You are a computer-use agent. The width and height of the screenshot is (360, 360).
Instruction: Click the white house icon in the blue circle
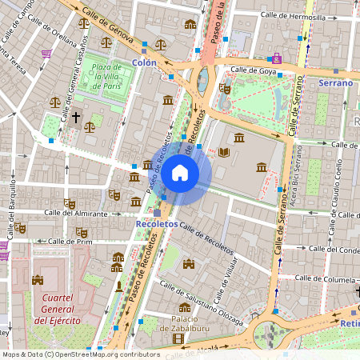coord(180,172)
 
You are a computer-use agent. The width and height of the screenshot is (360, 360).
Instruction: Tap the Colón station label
coord(144,62)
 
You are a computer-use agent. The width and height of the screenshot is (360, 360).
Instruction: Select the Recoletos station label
coord(156,226)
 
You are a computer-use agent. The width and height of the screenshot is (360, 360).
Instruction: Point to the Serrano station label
coord(335,82)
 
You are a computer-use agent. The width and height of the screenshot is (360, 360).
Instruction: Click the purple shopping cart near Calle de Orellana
coord(46,54)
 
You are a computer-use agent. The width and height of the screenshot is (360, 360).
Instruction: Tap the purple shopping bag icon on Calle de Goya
coord(277,58)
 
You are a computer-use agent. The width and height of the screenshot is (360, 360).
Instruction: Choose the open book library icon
coord(224,152)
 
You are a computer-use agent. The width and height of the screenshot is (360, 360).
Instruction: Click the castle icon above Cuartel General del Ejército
coord(37,280)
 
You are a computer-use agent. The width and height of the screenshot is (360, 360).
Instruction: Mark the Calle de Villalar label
coord(228,274)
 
